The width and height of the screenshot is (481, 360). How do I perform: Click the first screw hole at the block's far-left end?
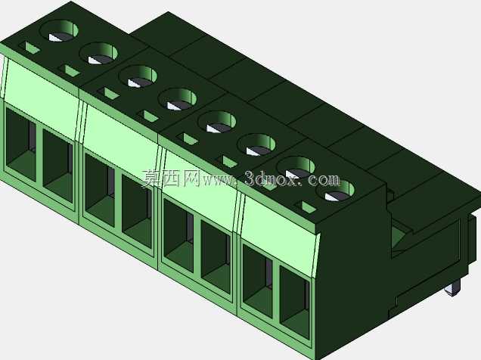[59, 30]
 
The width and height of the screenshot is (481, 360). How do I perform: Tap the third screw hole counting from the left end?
[138, 76]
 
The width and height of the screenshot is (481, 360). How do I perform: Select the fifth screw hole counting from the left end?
[217, 122]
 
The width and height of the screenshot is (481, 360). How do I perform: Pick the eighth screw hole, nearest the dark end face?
[335, 191]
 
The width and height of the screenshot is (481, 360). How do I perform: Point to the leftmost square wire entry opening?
[21, 144]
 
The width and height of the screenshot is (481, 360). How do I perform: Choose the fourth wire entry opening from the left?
[137, 211]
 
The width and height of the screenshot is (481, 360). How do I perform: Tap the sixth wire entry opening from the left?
[216, 256]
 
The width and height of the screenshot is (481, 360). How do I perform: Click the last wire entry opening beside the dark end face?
[294, 302]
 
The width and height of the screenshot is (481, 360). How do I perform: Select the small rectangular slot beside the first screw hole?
[29, 47]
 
